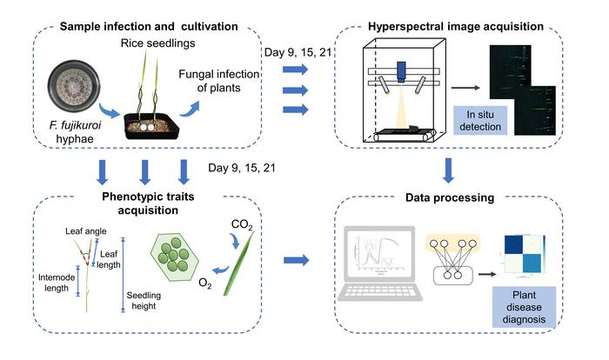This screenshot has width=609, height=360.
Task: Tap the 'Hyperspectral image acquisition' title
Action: [450, 25]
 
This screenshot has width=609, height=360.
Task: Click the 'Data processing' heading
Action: [447, 197]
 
